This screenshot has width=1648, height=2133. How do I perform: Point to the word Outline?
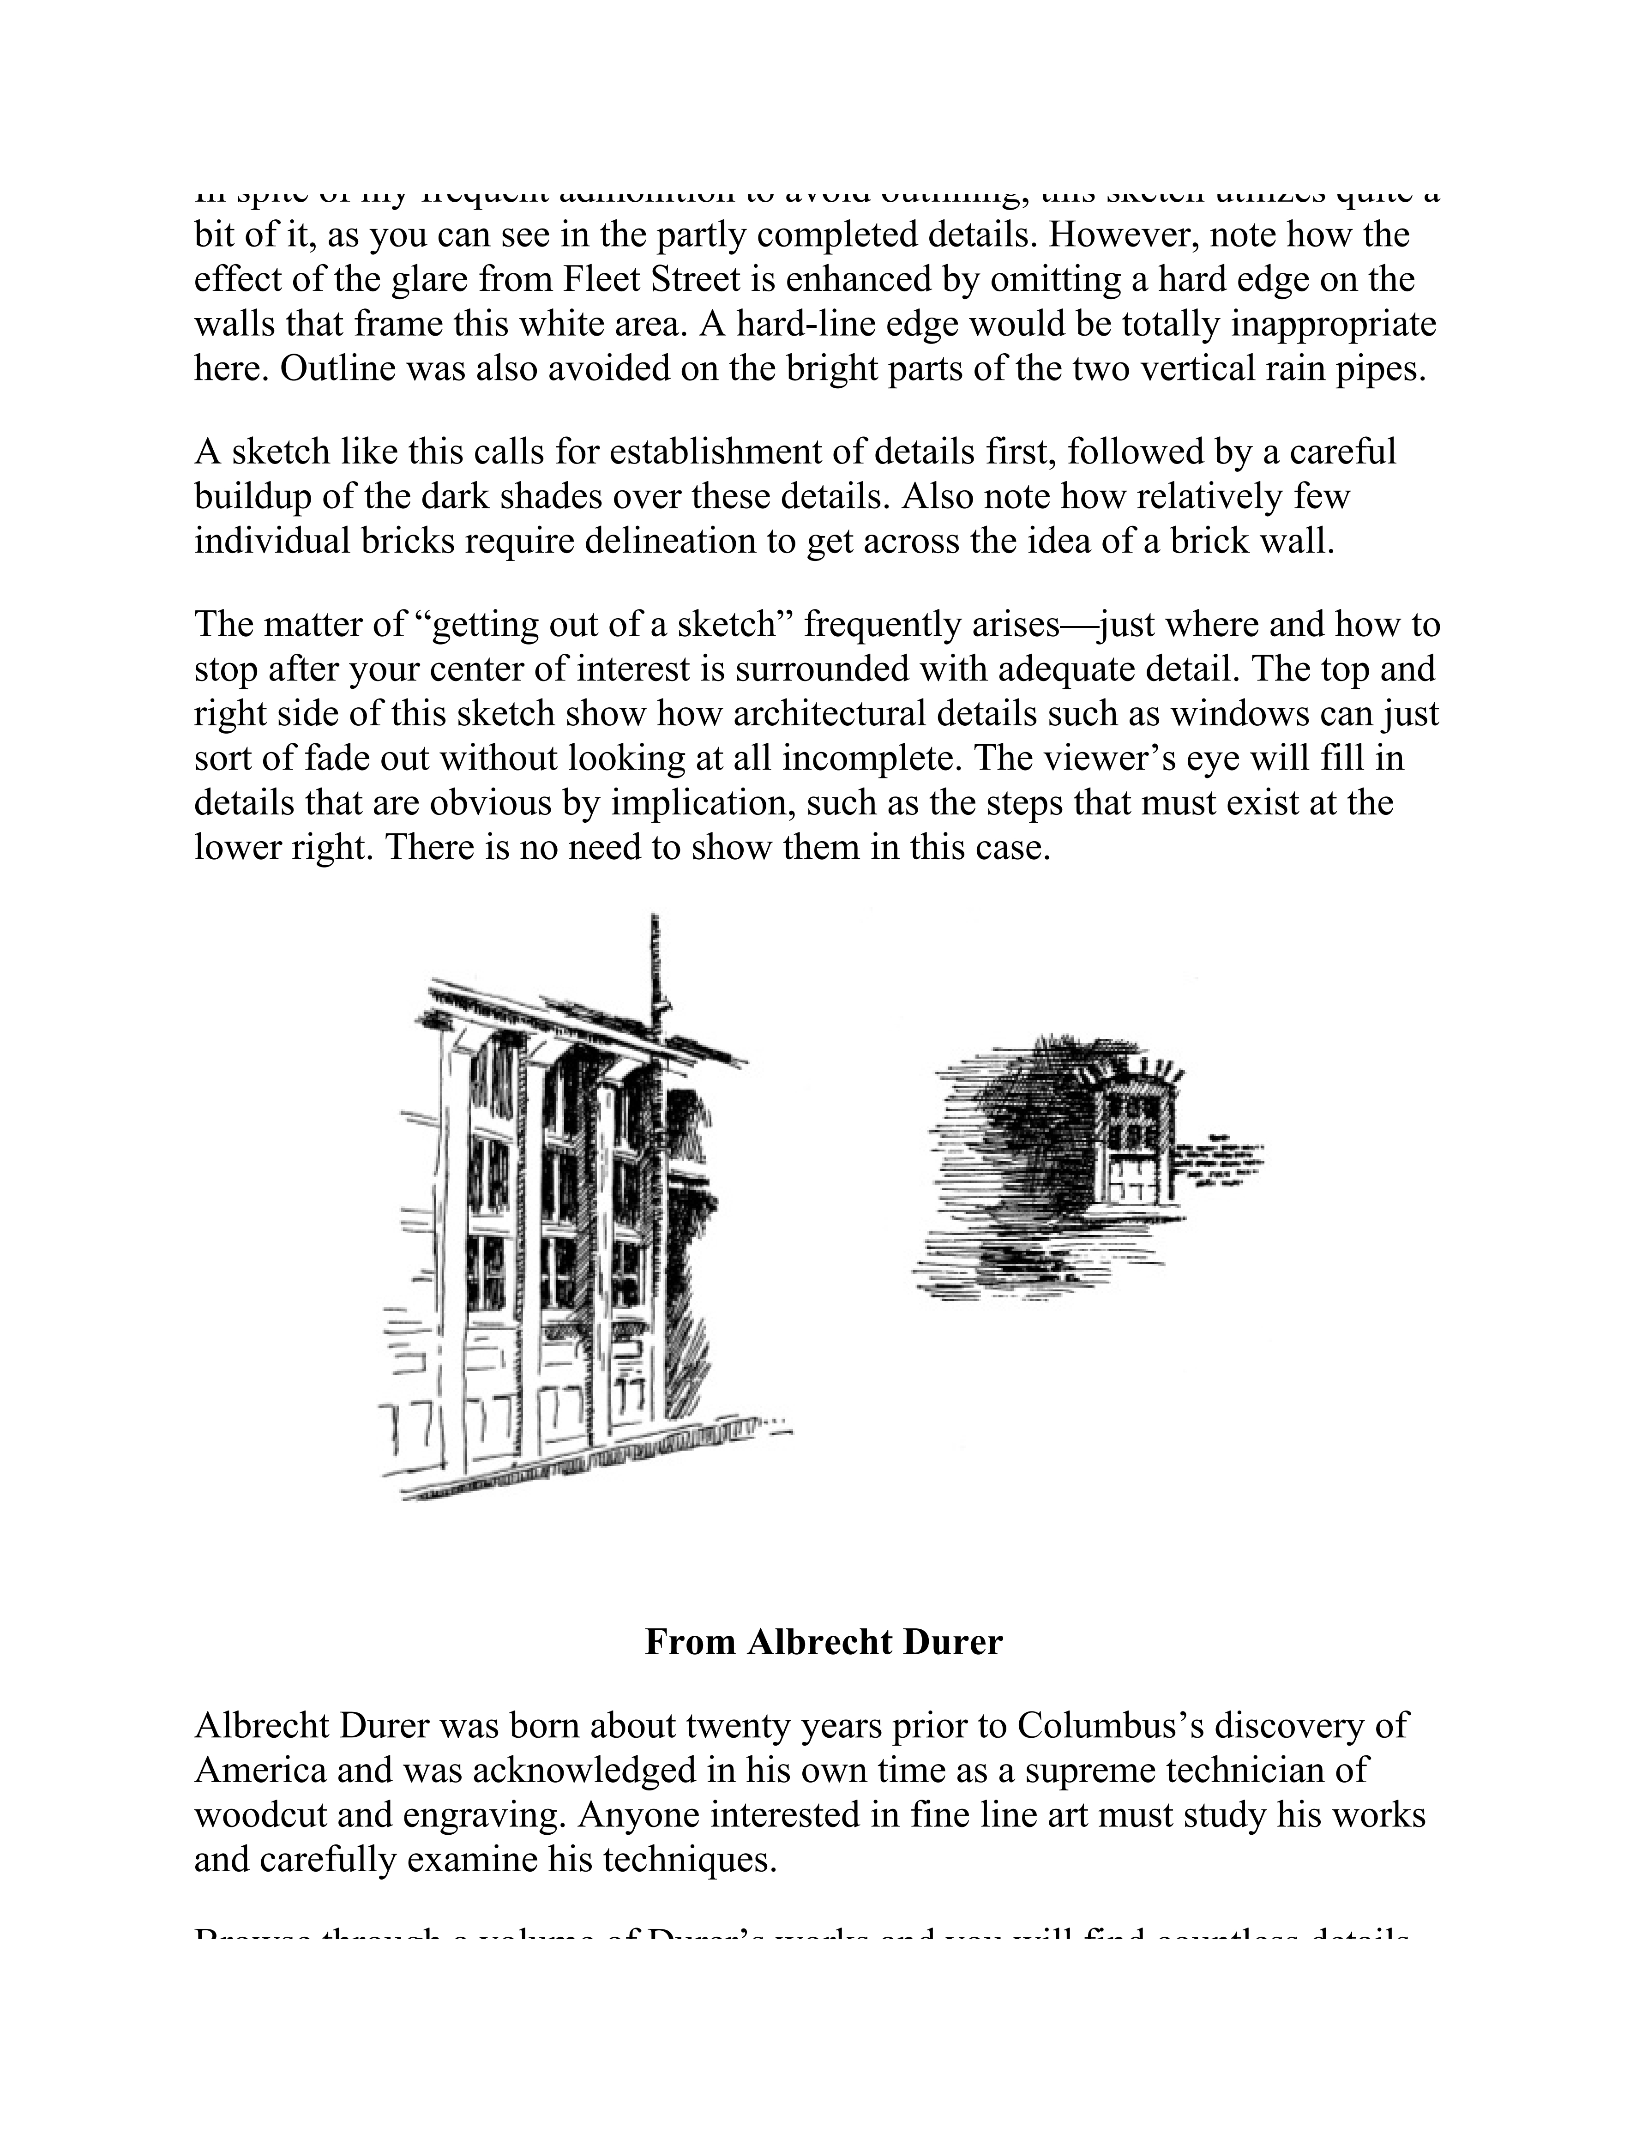[x=331, y=369]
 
